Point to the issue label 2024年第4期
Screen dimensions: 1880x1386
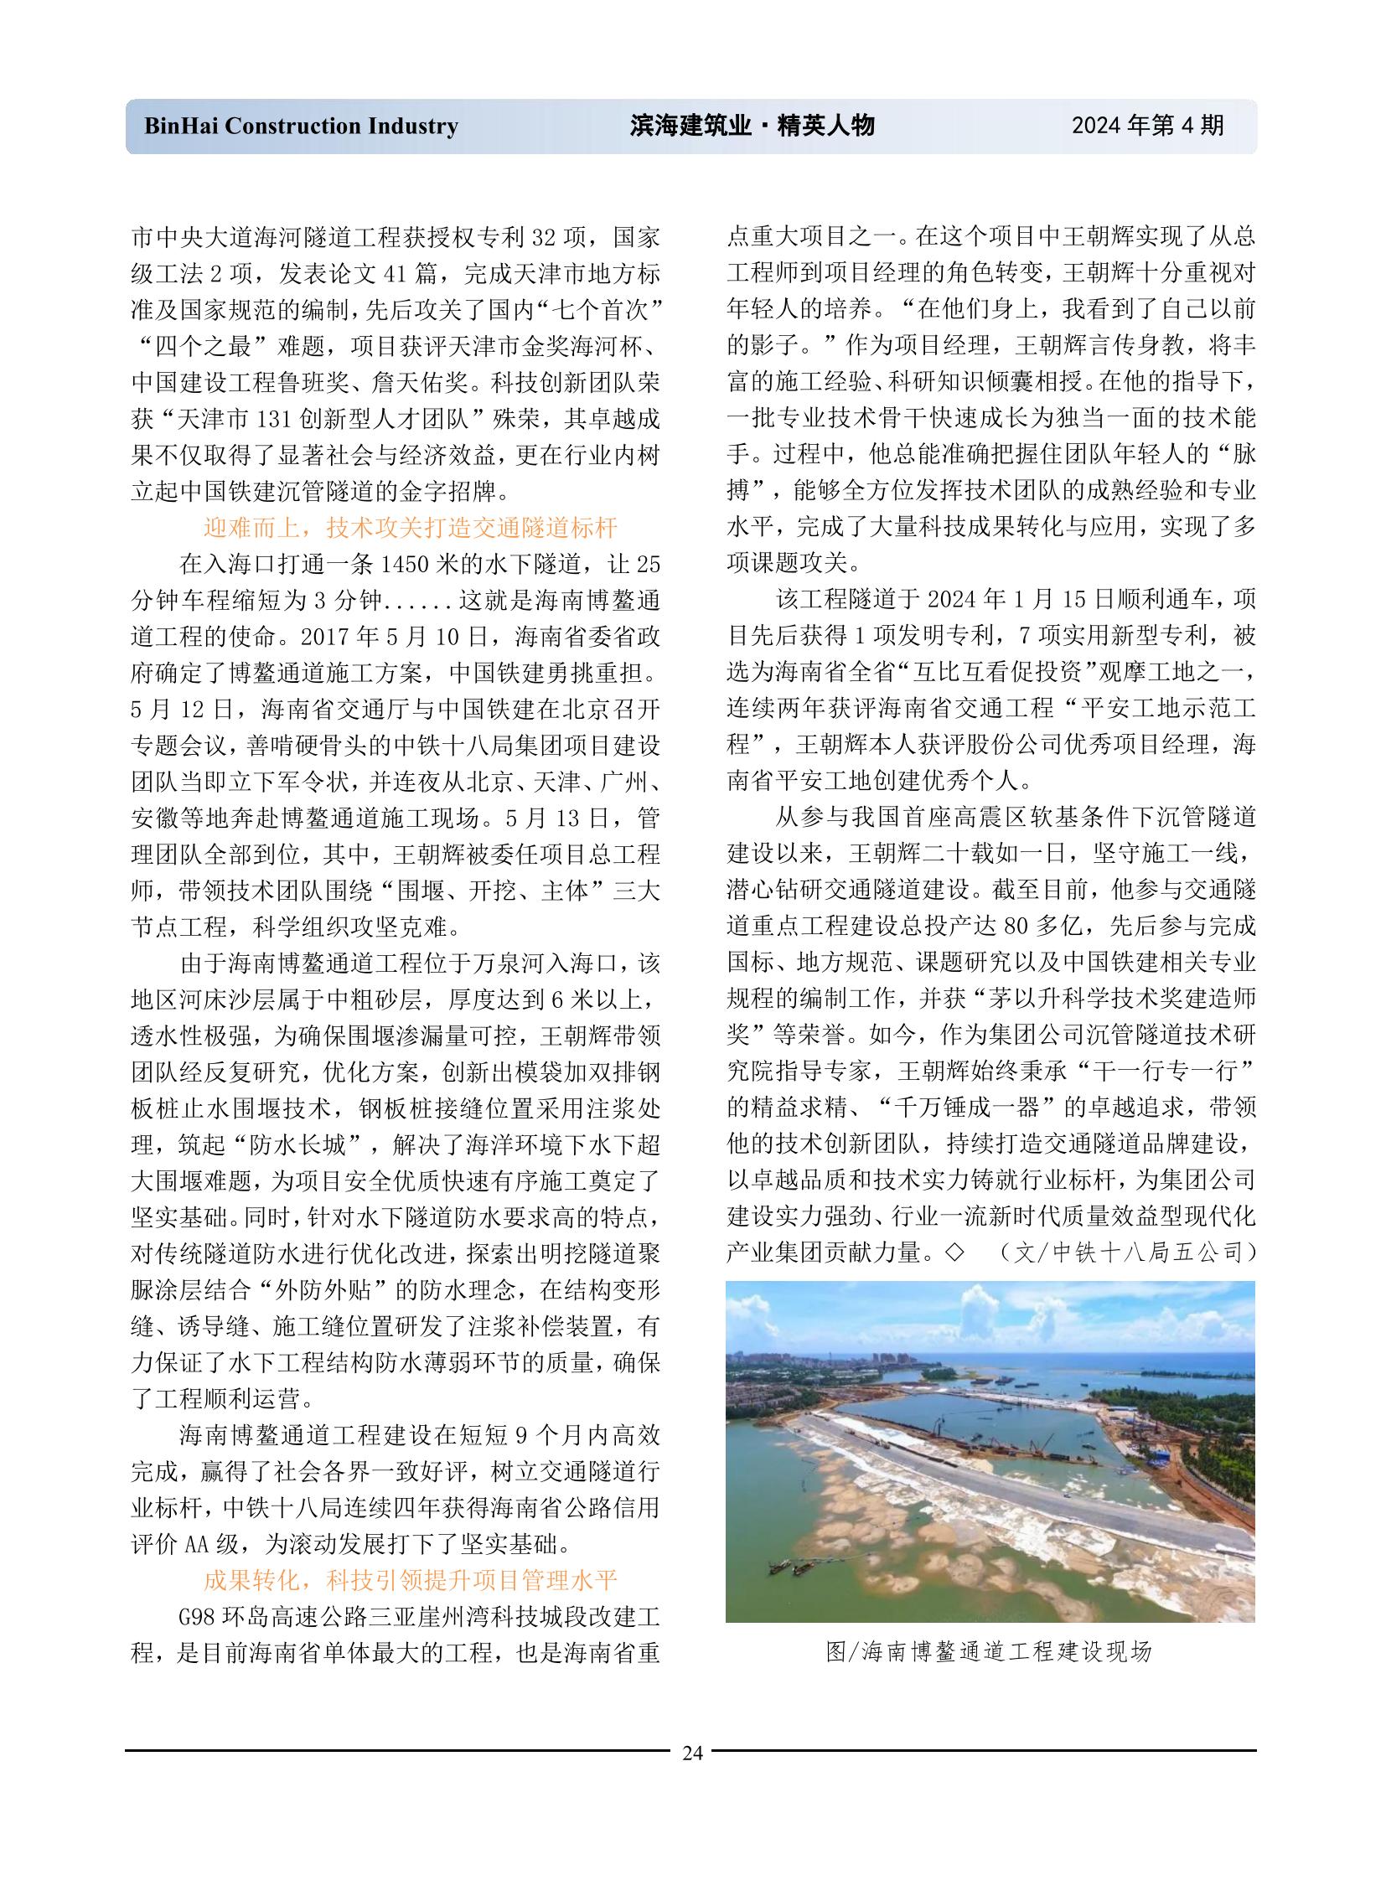click(x=1147, y=126)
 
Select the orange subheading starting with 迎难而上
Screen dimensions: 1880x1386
click(x=411, y=527)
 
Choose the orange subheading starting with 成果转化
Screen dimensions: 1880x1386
click(x=411, y=1581)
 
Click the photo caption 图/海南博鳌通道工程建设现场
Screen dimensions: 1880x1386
click(x=989, y=1652)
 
